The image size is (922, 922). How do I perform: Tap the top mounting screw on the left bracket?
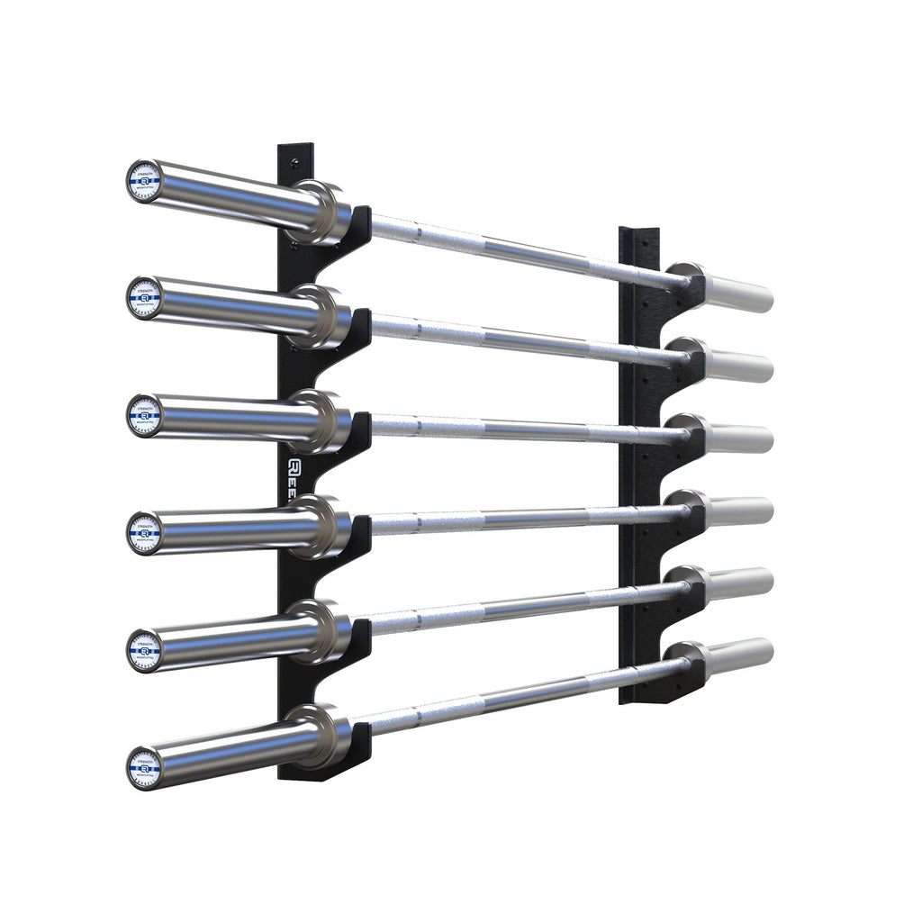[x=294, y=163]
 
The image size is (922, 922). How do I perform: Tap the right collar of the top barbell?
[x=686, y=279]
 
